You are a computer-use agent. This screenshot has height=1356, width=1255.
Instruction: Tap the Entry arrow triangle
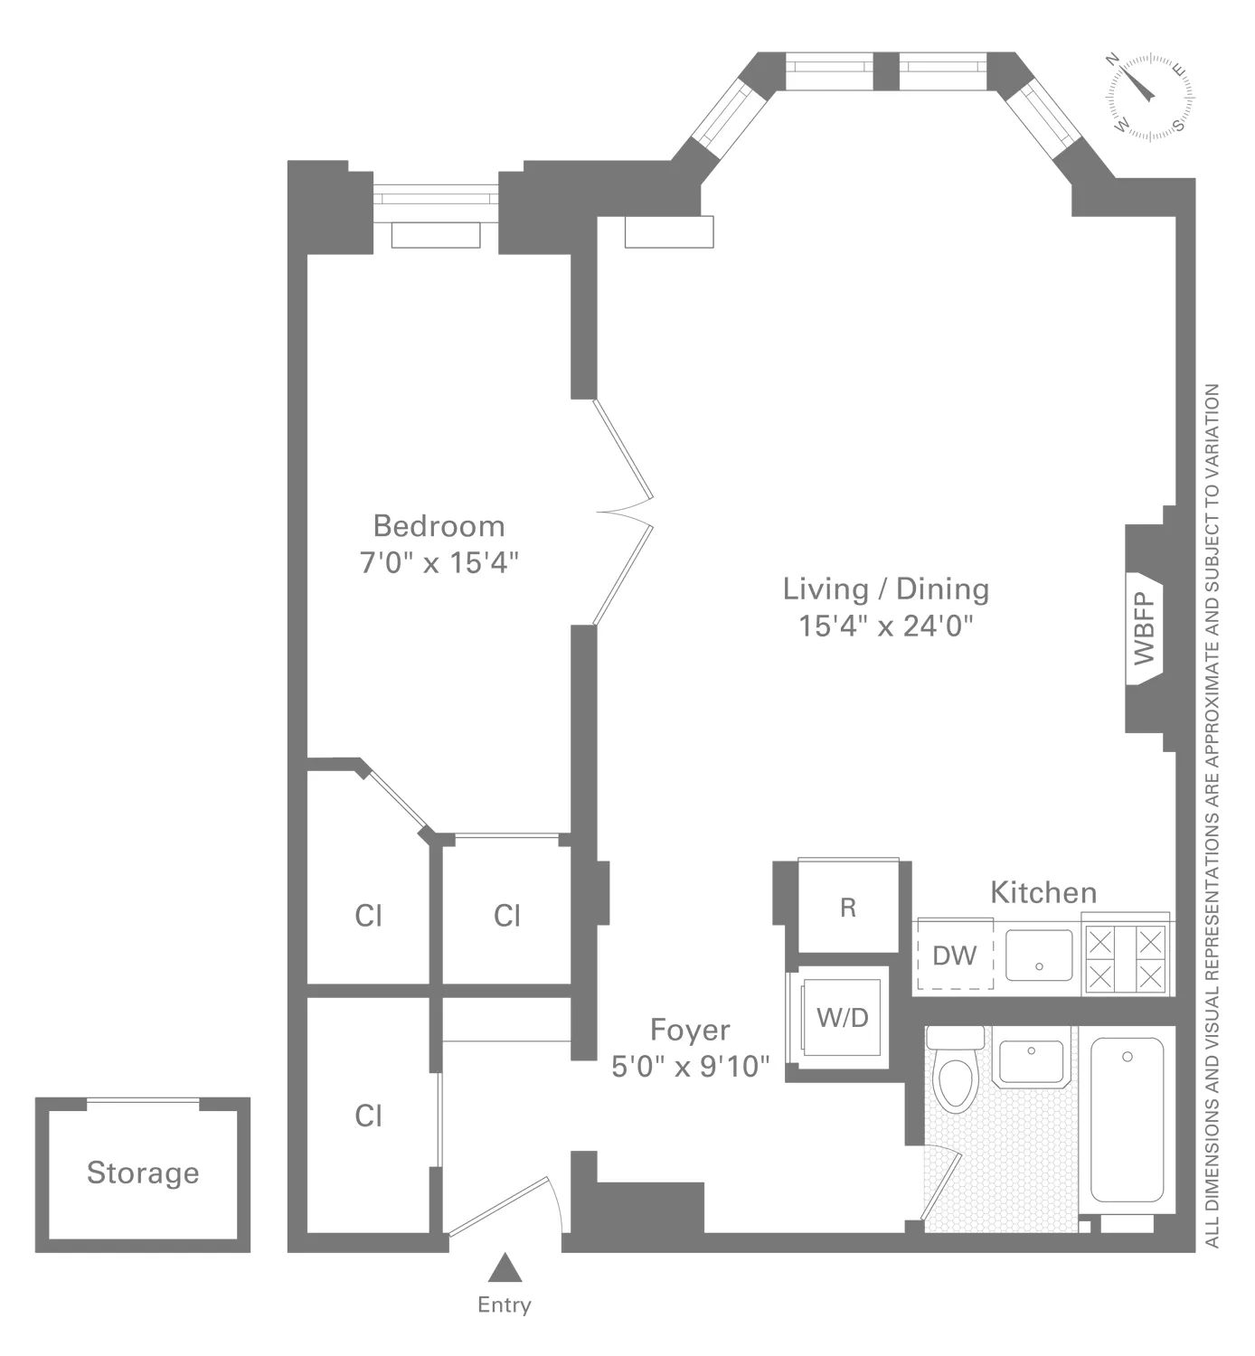pyautogui.click(x=505, y=1268)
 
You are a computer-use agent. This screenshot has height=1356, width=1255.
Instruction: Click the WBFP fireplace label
pyautogui.click(x=1144, y=628)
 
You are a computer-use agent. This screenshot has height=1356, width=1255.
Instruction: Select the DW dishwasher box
pyautogui.click(x=955, y=956)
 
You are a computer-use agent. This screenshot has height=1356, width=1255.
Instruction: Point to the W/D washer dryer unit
pyautogui.click(x=842, y=1018)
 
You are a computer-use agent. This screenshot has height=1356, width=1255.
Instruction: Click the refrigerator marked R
pyautogui.click(x=847, y=907)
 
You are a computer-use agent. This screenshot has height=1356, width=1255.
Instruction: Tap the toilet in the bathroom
pyautogui.click(x=954, y=1076)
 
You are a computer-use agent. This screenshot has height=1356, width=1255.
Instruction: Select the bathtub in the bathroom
pyautogui.click(x=1127, y=1119)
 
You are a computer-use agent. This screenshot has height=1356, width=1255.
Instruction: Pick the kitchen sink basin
pyautogui.click(x=1039, y=955)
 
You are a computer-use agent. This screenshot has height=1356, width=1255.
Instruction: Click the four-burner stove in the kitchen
pyautogui.click(x=1125, y=959)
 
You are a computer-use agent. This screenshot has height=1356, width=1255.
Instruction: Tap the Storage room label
pyautogui.click(x=143, y=1172)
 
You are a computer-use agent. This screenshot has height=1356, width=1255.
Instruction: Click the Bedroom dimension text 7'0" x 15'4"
pyautogui.click(x=439, y=562)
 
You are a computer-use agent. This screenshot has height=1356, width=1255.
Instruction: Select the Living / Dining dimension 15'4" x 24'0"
pyautogui.click(x=885, y=626)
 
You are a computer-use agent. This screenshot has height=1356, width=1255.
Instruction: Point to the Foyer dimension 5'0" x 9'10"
pyautogui.click(x=690, y=1067)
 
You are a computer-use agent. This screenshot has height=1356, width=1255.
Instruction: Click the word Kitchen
pyautogui.click(x=1043, y=892)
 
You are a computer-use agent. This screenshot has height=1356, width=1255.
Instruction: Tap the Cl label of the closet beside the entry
pyautogui.click(x=368, y=1116)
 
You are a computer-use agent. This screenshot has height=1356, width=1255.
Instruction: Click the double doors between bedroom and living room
pyautogui.click(x=624, y=513)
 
